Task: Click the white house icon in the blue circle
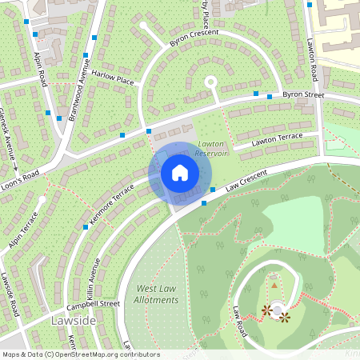(x=180, y=172)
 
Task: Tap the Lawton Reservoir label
(x=212, y=148)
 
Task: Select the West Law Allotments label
(x=157, y=294)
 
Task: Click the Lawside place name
(x=74, y=320)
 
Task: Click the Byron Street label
(x=303, y=95)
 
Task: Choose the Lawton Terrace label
(x=276, y=139)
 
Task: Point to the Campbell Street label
(x=93, y=305)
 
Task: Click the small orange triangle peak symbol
(x=274, y=285)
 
